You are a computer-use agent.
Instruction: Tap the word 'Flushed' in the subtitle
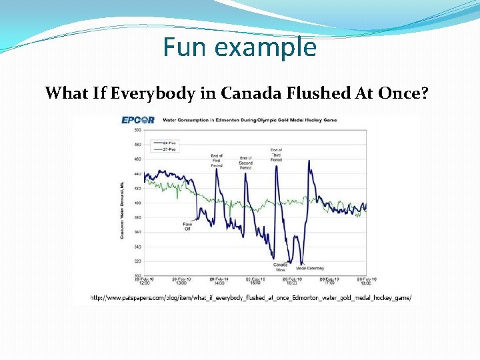pos(311,93)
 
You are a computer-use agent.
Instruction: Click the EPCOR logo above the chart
pos(138,120)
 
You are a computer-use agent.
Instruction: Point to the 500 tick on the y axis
pos(137,129)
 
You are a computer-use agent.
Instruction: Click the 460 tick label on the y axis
pos(137,159)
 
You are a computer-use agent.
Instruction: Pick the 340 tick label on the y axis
pos(137,247)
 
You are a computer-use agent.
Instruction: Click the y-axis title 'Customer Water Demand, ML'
pos(123,202)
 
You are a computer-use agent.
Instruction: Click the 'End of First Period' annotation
pos(217,161)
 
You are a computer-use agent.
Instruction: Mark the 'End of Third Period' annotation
pos(276,155)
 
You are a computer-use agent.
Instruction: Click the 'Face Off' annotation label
pos(187,226)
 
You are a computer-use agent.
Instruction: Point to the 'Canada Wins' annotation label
pos(280,267)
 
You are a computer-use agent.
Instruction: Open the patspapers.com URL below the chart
pos(251,297)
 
